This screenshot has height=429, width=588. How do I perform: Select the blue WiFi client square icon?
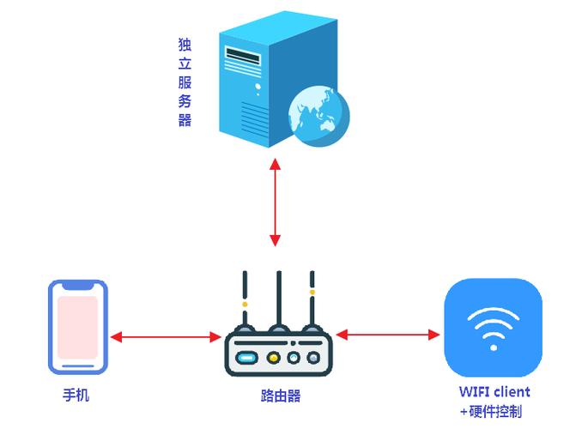click(x=493, y=327)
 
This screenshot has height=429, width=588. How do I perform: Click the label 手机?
click(x=76, y=396)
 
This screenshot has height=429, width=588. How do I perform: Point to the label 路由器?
click(x=280, y=396)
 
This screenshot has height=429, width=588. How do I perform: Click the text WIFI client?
click(x=494, y=392)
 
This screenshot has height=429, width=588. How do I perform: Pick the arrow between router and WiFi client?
click(x=387, y=333)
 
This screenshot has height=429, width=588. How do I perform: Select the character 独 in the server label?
click(x=184, y=43)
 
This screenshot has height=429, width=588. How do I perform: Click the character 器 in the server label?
click(x=184, y=120)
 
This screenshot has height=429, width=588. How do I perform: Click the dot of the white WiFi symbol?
click(x=493, y=347)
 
